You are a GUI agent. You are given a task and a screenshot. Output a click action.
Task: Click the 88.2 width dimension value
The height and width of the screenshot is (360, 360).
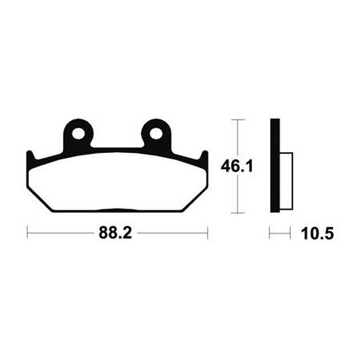[115, 233]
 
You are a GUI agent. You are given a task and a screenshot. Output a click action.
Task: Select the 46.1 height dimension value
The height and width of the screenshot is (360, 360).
[237, 166]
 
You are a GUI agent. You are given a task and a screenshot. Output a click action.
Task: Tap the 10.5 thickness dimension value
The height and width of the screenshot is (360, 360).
[317, 234]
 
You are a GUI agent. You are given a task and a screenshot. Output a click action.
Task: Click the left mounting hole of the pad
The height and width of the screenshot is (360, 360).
[78, 133]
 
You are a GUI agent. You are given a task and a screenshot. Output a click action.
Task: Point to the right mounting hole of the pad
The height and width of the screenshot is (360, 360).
[156, 133]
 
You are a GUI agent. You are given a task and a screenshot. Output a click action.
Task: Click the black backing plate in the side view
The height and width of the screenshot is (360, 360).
[275, 166]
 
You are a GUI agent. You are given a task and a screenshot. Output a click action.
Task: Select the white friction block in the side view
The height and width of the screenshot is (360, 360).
[286, 181]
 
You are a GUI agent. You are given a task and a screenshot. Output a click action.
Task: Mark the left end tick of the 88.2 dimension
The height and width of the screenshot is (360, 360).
[27, 233]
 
